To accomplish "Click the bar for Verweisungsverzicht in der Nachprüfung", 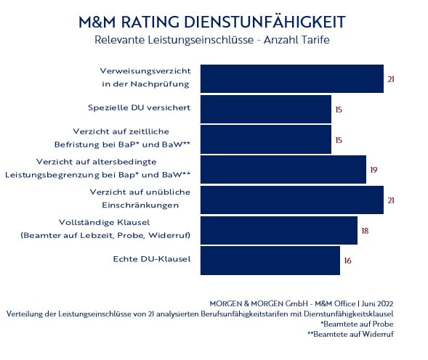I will click(291, 78).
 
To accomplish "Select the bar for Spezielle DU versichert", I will click(265, 109).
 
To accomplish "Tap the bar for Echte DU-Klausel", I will click(270, 260).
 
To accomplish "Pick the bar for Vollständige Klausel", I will click(278, 230).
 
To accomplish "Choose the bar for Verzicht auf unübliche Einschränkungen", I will click(291, 200).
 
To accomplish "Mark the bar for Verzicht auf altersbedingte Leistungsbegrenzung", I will click(283, 169).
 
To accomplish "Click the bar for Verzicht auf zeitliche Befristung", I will click(265, 139).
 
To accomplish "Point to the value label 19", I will click(374, 170).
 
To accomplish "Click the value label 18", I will click(365, 230).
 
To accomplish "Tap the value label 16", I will click(347, 261).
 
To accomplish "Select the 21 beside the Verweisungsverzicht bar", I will click(391, 78).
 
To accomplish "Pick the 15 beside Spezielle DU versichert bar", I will click(339, 110).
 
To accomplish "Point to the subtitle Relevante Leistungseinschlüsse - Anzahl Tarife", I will click(212, 40).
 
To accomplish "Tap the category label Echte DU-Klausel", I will click(151, 259).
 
